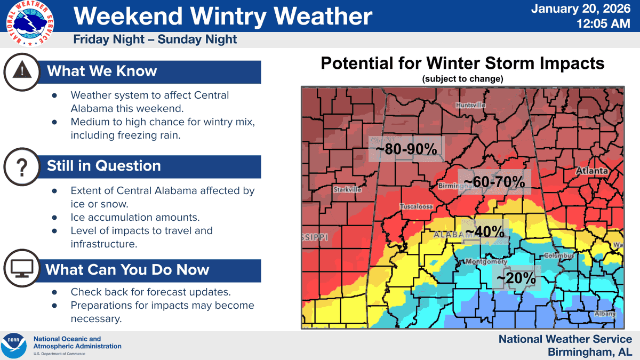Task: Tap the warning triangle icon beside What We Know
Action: click(22, 71)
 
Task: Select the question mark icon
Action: click(22, 167)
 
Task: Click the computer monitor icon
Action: click(22, 268)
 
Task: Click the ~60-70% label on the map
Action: click(494, 182)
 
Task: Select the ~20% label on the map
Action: click(516, 278)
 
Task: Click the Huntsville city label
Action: click(470, 106)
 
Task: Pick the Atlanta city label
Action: click(592, 171)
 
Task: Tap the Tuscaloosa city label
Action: click(417, 206)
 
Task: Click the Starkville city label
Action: click(347, 189)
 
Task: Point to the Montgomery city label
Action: click(486, 262)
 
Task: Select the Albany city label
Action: click(605, 314)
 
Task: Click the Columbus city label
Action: click(558, 256)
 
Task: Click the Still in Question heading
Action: click(104, 166)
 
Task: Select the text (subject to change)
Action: click(462, 79)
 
